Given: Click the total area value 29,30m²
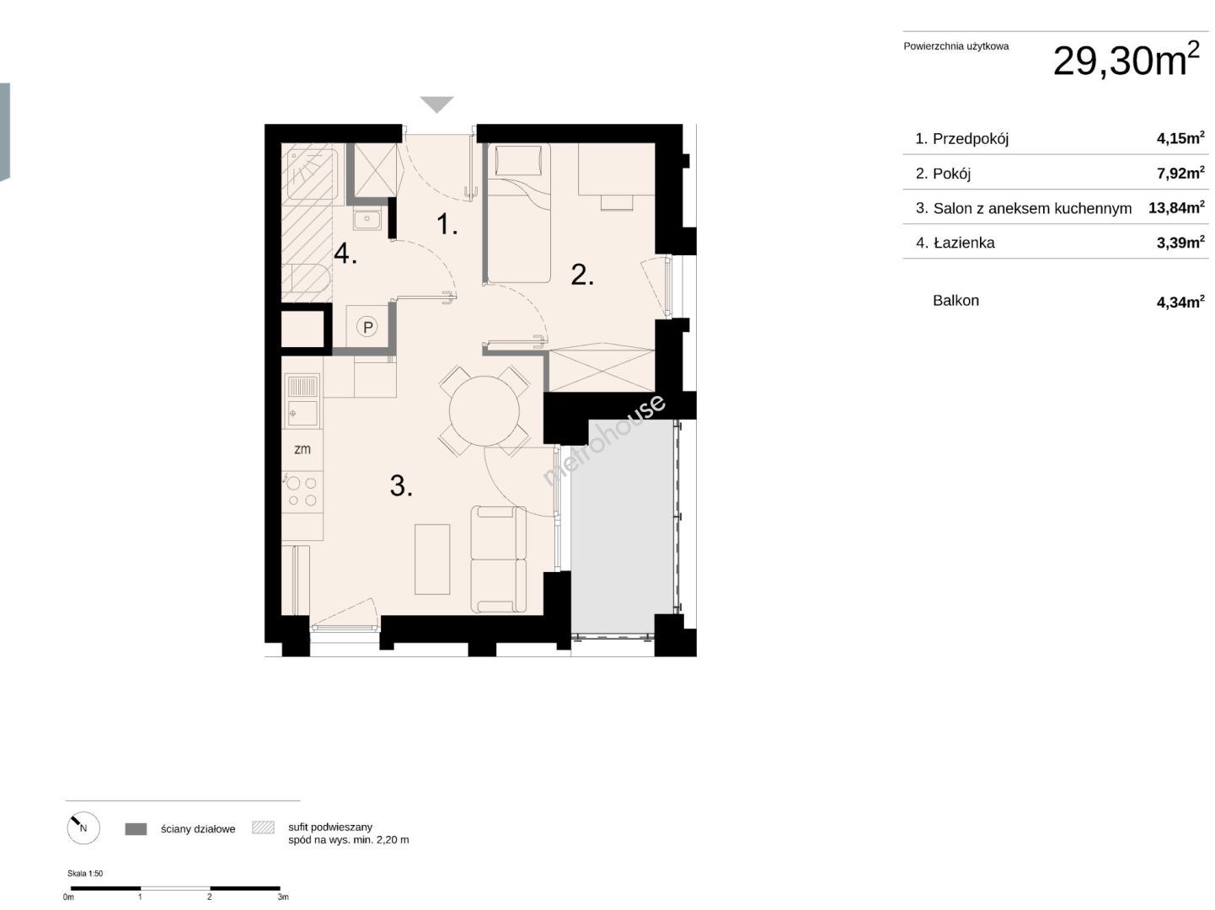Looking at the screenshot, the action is click(1126, 59).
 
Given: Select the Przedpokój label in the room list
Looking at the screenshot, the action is click(971, 138).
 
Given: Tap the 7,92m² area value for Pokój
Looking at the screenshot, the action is click(1180, 173).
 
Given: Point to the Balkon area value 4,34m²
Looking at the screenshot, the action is click(1180, 301).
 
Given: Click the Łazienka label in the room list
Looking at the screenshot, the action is click(964, 243).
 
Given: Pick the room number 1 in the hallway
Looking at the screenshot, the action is click(447, 224).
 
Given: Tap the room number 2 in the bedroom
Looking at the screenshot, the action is click(581, 275).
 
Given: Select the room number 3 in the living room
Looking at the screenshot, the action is click(401, 486).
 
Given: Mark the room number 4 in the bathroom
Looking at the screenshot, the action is click(345, 254).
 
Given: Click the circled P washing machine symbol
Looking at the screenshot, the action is click(367, 327).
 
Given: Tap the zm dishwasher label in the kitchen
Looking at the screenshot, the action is click(302, 449).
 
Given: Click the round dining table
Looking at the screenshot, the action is click(484, 410).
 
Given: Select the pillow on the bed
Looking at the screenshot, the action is click(518, 161).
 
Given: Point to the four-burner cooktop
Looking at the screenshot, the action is click(302, 491).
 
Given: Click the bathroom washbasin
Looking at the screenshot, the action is click(367, 220).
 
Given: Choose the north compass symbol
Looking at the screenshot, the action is click(83, 828).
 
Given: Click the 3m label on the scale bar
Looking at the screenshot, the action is click(283, 897).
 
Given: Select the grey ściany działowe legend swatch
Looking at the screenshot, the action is click(136, 828).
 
